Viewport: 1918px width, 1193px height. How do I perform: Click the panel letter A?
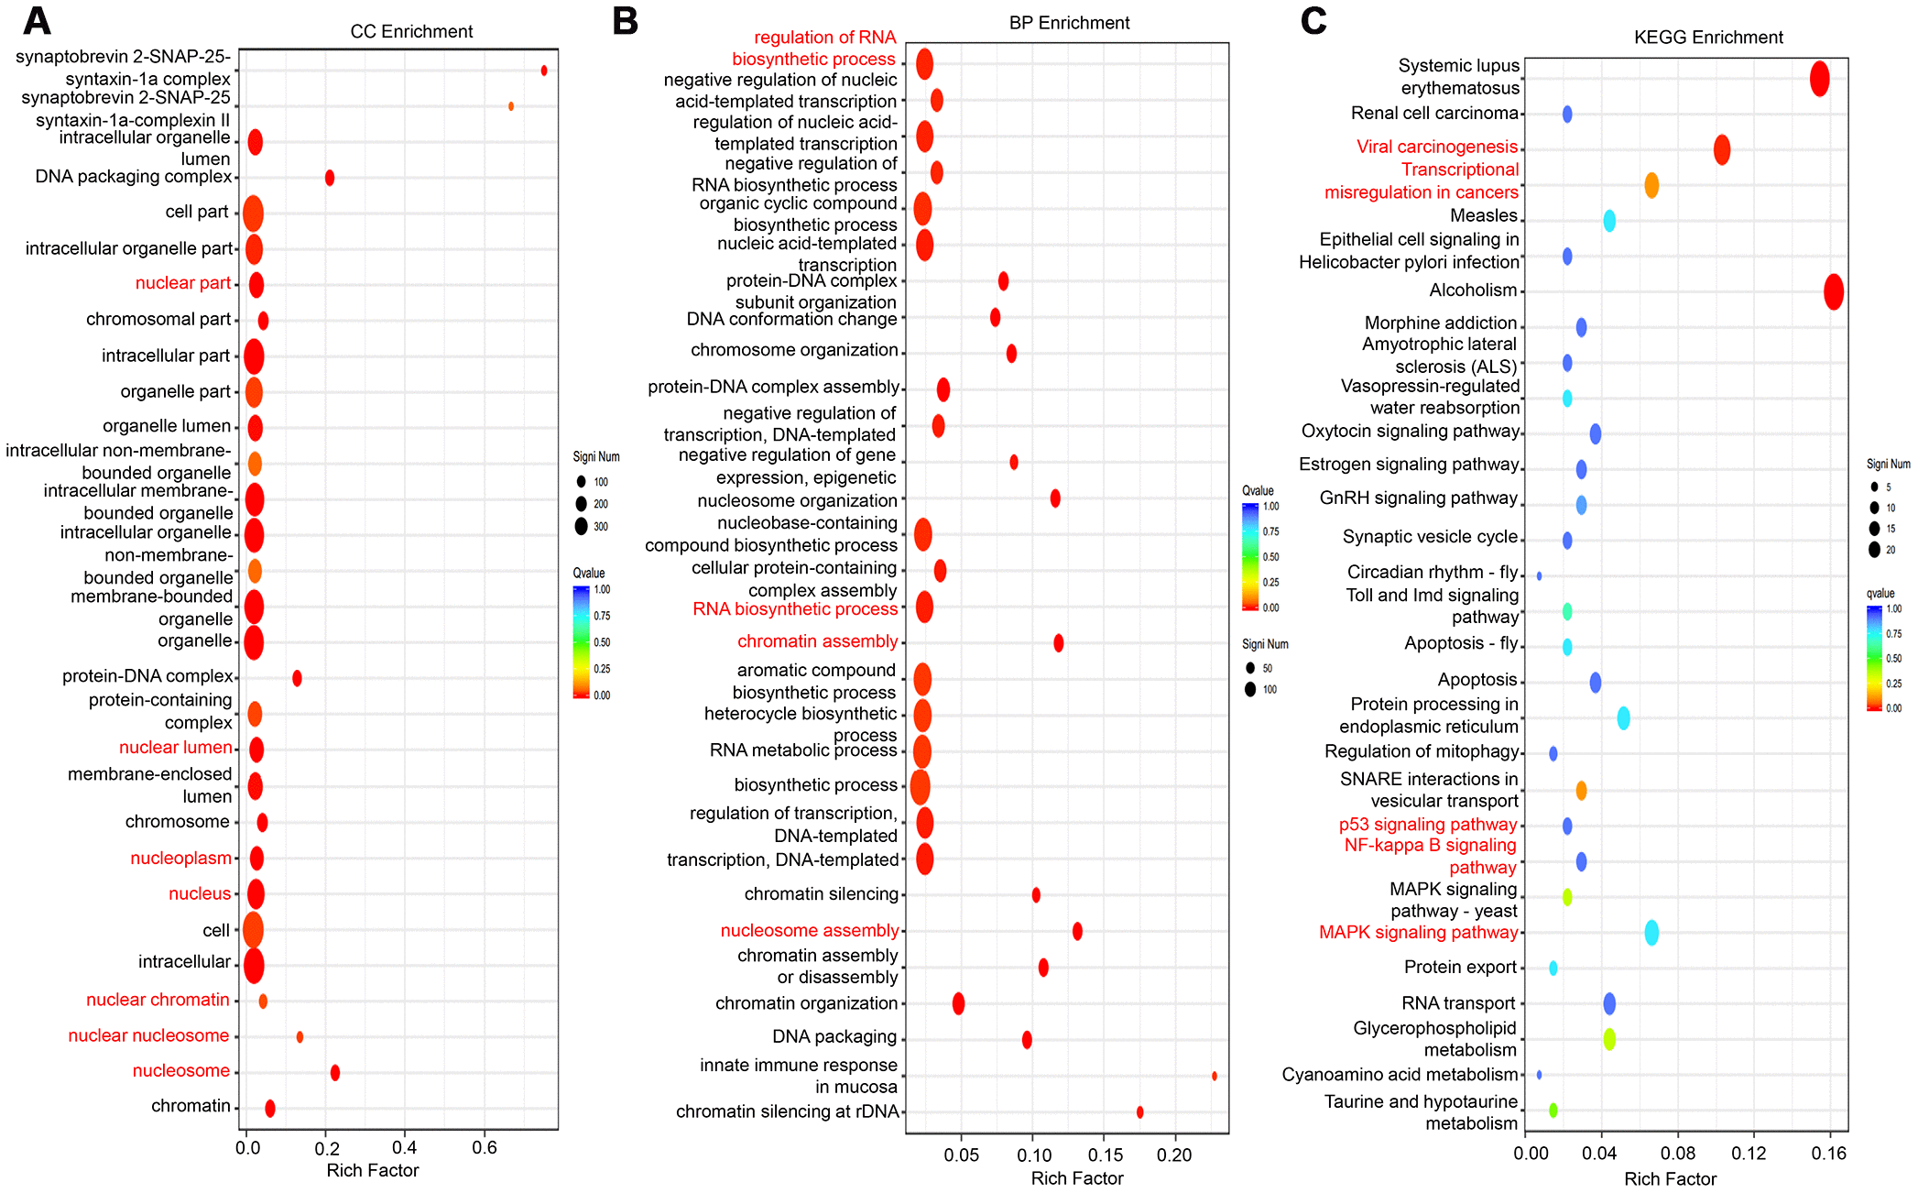(x=37, y=20)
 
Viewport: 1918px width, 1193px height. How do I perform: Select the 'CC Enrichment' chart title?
(x=411, y=32)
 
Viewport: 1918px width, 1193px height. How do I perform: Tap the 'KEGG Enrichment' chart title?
(x=1708, y=38)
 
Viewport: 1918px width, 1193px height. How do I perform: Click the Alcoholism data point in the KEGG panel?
(x=1833, y=292)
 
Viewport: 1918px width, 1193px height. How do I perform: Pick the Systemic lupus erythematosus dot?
(x=1819, y=79)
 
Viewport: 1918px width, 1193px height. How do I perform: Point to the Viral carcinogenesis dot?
(x=1721, y=149)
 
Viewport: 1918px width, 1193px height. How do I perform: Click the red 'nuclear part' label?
(x=182, y=283)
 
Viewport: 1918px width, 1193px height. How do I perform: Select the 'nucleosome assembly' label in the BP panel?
(x=809, y=931)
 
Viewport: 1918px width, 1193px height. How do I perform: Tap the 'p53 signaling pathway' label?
(x=1427, y=825)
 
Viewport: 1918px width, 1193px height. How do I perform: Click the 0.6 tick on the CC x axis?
(x=485, y=1148)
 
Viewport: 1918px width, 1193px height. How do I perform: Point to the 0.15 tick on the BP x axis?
(x=1106, y=1155)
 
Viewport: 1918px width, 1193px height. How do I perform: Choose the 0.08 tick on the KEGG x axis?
(x=1678, y=1154)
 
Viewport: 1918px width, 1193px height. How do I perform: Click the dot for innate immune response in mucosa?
(x=1214, y=1076)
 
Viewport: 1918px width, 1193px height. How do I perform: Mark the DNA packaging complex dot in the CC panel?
(x=330, y=178)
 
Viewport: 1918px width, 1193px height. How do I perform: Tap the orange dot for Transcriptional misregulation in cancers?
(x=1651, y=186)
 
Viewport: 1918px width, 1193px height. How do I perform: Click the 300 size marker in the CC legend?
(x=581, y=526)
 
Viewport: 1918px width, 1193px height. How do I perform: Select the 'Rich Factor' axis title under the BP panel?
(x=1076, y=1178)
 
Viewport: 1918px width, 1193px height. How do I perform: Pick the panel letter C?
(x=1313, y=20)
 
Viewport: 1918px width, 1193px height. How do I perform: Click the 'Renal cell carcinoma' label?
(x=1434, y=114)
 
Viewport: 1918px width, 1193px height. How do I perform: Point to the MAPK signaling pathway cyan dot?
(x=1651, y=933)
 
